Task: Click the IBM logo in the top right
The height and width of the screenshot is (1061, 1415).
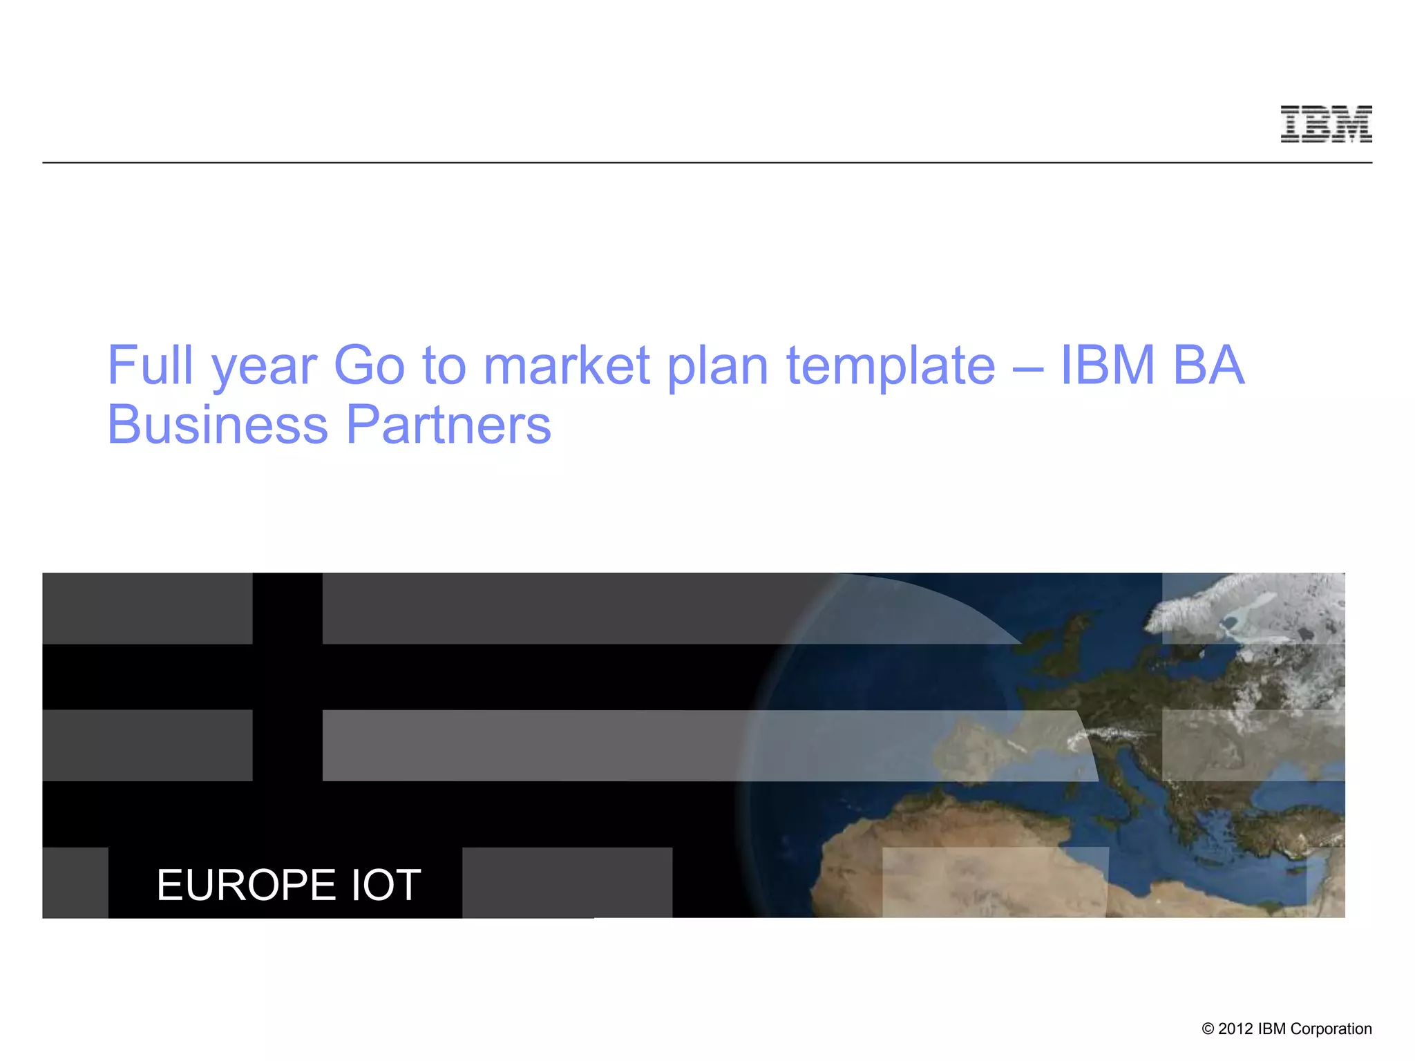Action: (1326, 124)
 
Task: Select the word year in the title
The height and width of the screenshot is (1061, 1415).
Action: (264, 367)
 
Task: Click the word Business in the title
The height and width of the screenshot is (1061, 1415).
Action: (218, 424)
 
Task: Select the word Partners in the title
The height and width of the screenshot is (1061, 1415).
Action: (448, 424)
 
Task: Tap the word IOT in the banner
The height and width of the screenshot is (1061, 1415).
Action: (386, 885)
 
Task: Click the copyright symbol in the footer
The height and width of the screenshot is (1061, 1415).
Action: (1208, 1029)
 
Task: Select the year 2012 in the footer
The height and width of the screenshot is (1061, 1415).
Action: (1235, 1029)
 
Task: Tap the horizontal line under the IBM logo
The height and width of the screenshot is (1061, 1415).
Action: (707, 163)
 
